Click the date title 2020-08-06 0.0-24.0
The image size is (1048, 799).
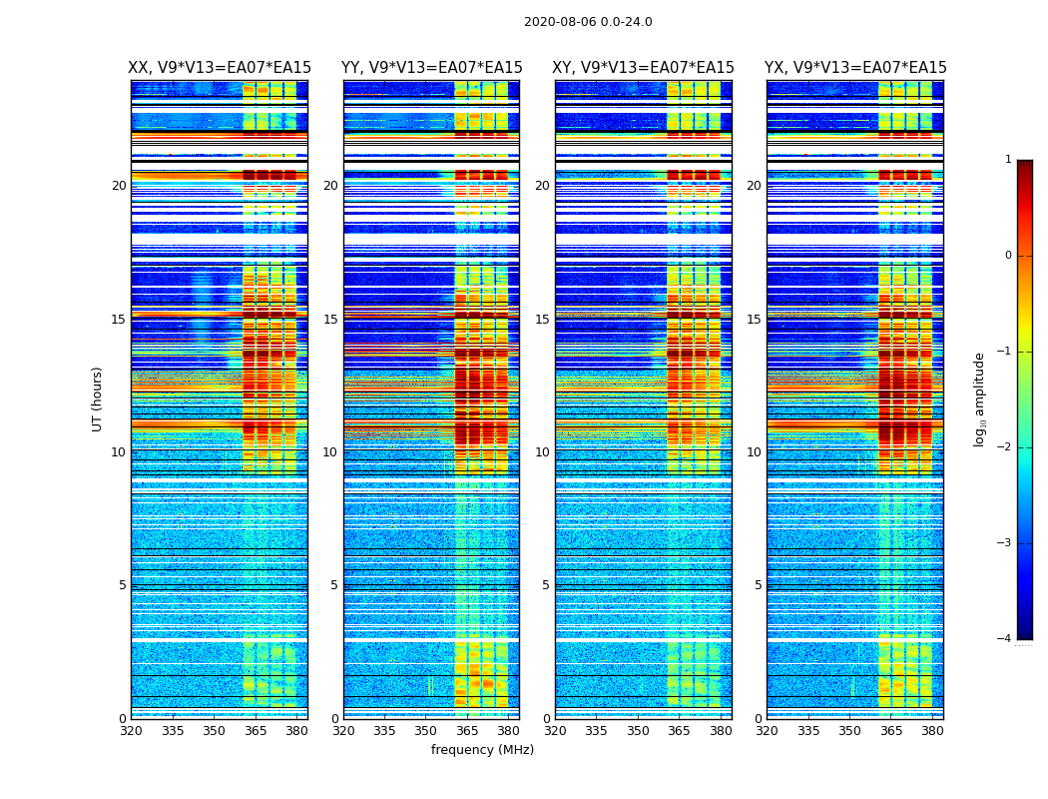coord(588,22)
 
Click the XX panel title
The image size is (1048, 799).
coord(220,68)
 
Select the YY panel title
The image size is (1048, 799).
coord(431,68)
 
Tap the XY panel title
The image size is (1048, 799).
coord(644,68)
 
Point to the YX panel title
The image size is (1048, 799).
coord(855,68)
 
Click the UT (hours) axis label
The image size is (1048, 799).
coord(98,399)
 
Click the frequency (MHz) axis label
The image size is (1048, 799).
coord(482,750)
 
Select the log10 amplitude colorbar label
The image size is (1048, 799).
coord(980,399)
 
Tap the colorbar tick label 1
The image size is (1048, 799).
coord(1008,160)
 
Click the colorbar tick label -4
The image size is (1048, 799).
coord(1005,639)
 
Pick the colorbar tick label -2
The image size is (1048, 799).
coord(1005,447)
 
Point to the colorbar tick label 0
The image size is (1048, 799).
coord(1008,256)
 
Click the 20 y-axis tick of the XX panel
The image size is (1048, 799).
coord(119,186)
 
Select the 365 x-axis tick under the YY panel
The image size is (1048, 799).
coord(467,731)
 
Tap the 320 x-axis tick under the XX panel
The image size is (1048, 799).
coord(131,731)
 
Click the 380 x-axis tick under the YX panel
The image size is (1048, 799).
coord(932,731)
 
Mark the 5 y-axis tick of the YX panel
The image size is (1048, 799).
coord(758,585)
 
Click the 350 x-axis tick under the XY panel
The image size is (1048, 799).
coord(638,731)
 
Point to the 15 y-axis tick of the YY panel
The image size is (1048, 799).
coord(330,320)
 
